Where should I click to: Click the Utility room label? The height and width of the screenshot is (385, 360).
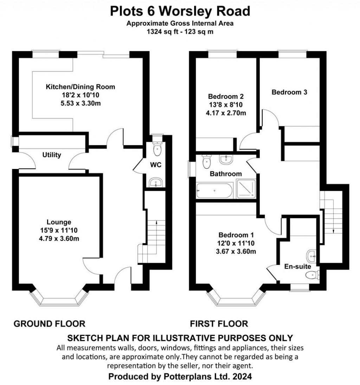click(52, 155)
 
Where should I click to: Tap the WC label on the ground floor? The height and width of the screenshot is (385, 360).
click(156, 165)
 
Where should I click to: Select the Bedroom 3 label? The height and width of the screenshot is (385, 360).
click(289, 92)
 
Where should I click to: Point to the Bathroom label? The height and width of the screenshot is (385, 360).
click(226, 174)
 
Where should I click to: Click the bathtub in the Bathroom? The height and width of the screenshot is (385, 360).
click(214, 191)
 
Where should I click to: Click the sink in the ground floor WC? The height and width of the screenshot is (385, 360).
click(155, 183)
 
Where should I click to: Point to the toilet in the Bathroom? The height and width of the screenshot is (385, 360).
click(206, 162)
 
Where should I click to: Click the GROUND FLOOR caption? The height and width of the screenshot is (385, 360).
click(49, 324)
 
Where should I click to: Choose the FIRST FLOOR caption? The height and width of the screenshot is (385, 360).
click(219, 324)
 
